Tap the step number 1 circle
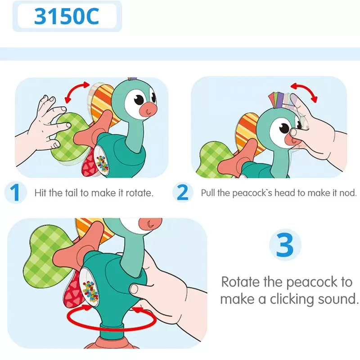[x=15, y=193]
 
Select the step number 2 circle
[x=183, y=193]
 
